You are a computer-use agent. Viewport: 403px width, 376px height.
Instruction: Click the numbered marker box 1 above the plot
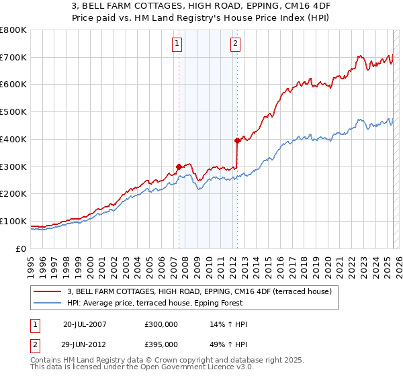177,44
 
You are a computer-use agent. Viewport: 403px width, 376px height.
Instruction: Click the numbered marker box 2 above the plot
236,44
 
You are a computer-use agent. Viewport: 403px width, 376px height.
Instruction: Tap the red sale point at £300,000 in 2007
179,167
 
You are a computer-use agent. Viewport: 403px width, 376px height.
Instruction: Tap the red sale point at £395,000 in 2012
237,140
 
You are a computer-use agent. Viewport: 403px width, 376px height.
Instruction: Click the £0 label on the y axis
21,248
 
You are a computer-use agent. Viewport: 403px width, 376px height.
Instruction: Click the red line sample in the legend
48,292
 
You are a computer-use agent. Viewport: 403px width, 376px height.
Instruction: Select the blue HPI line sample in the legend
48,303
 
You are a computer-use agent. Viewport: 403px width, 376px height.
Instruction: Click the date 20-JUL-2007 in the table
85,324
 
